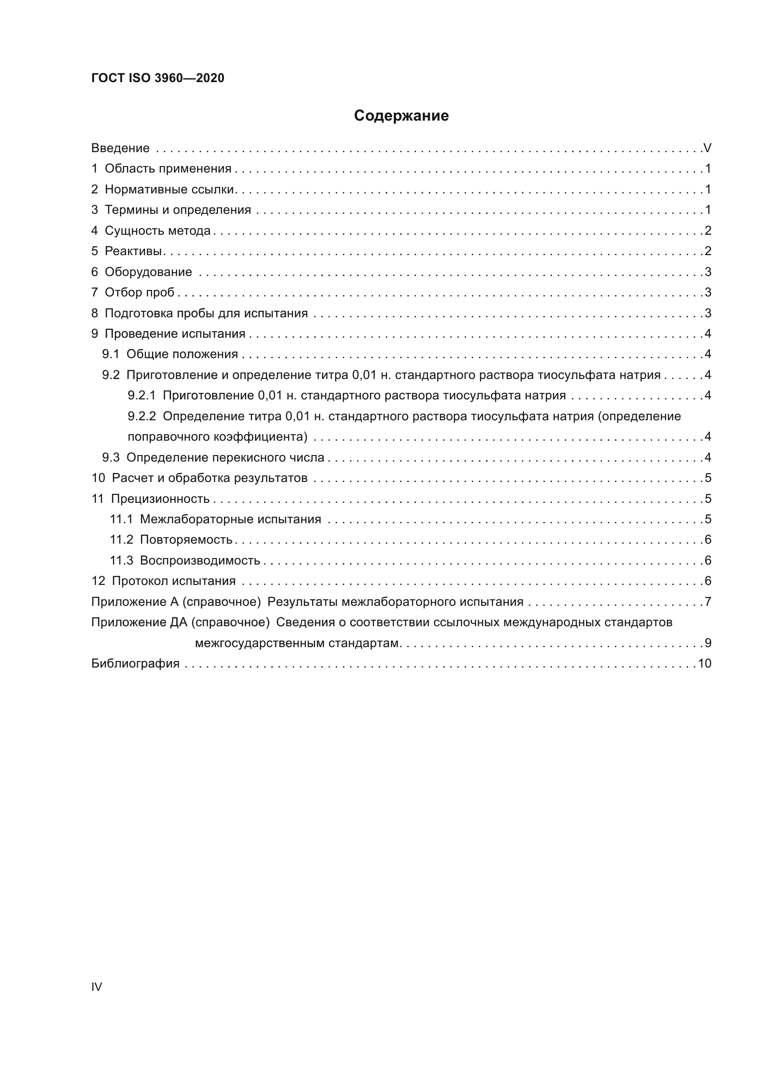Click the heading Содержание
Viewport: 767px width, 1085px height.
tap(401, 116)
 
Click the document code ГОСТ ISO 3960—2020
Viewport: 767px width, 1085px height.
tap(158, 78)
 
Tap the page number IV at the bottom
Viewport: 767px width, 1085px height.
tap(96, 987)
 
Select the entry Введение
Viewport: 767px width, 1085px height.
tap(121, 148)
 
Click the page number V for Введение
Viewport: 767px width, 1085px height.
tap(707, 148)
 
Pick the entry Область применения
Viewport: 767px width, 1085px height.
tap(168, 169)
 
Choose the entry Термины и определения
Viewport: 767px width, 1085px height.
tap(178, 210)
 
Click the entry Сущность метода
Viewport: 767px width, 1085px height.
tap(157, 231)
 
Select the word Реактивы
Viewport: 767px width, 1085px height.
tap(133, 251)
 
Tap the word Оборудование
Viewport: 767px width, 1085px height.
tap(148, 272)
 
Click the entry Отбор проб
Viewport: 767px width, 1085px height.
tap(139, 293)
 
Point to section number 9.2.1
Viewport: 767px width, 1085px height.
tap(141, 396)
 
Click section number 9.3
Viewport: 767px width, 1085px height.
tap(110, 457)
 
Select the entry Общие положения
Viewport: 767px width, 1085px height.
tap(182, 354)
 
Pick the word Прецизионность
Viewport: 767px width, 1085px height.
tap(160, 499)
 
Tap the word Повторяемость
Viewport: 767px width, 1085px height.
tap(186, 539)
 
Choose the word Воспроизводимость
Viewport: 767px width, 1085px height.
tap(200, 560)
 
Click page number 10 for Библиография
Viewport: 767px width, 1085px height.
tap(704, 663)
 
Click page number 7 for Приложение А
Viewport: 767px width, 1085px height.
tap(708, 602)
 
